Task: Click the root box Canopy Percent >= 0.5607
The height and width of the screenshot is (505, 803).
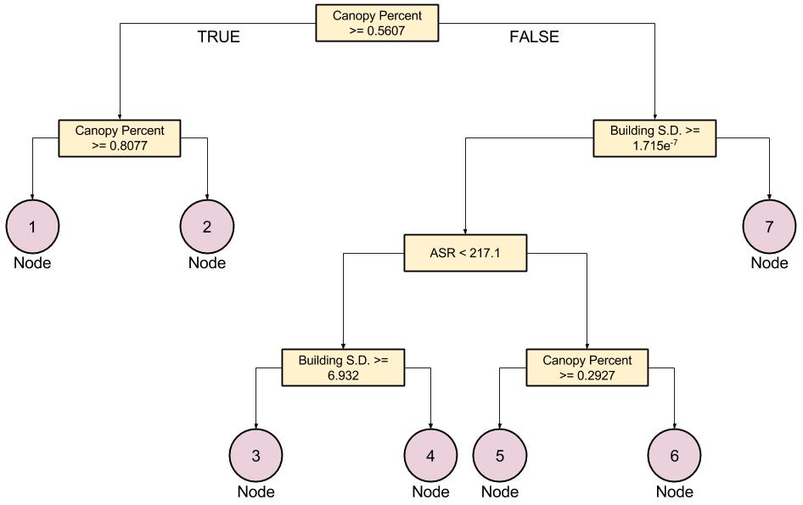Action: (x=377, y=23)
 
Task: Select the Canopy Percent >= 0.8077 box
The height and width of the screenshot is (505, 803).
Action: (x=120, y=137)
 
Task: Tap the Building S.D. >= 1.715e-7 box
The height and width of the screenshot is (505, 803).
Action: (x=654, y=137)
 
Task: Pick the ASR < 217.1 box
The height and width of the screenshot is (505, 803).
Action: (x=464, y=253)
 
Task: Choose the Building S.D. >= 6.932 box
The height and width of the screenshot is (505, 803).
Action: (x=343, y=367)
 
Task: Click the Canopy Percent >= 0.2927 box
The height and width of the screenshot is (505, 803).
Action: (x=587, y=367)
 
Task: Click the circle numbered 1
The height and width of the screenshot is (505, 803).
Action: (x=32, y=227)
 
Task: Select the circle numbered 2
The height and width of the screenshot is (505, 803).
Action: (x=207, y=227)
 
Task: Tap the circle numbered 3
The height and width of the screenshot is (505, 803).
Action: (x=255, y=456)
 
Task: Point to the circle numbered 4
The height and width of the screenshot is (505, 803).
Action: (x=430, y=456)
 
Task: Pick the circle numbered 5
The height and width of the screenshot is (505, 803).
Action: (x=500, y=456)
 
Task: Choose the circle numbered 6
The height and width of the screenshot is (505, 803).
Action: (x=675, y=456)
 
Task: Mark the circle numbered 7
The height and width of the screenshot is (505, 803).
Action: (x=769, y=227)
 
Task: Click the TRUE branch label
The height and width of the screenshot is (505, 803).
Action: (x=218, y=36)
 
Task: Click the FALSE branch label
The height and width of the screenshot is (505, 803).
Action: (x=534, y=36)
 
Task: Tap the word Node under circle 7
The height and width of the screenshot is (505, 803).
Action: (x=769, y=262)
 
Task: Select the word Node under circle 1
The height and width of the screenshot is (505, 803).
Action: (x=32, y=262)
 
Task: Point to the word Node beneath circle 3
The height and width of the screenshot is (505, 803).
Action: (x=255, y=491)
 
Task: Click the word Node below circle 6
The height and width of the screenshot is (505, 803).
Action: (x=675, y=491)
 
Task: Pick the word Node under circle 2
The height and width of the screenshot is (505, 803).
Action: (x=207, y=262)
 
